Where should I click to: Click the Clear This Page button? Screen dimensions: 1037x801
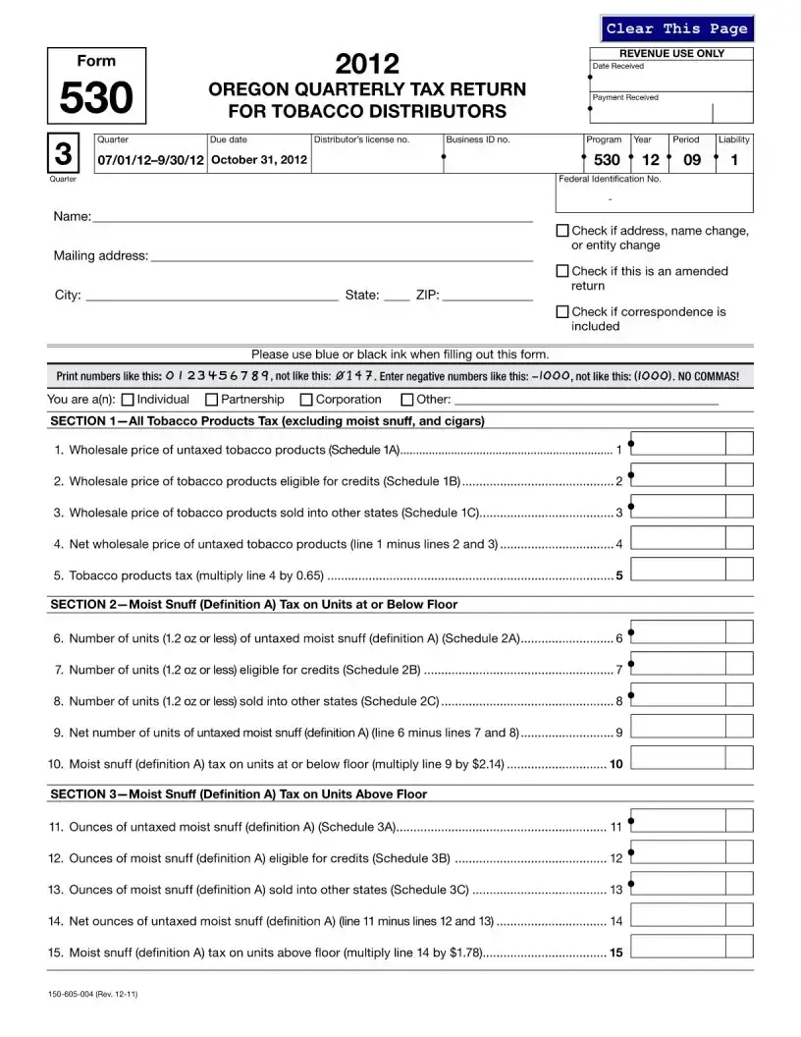point(676,28)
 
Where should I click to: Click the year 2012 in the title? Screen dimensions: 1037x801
point(367,65)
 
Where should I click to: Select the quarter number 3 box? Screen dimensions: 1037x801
point(63,154)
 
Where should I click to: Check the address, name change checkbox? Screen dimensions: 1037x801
point(562,231)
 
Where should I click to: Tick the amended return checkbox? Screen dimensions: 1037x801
point(562,271)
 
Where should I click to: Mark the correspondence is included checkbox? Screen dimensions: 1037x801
point(562,311)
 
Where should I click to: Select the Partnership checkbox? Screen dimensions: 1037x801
point(211,400)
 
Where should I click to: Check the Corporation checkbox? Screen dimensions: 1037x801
point(306,400)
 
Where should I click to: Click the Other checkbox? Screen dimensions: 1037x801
point(407,400)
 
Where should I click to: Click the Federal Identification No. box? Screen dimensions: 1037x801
point(655,198)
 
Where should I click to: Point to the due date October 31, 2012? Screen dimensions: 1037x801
point(259,159)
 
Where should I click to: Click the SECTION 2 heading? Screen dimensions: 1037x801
point(253,604)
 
